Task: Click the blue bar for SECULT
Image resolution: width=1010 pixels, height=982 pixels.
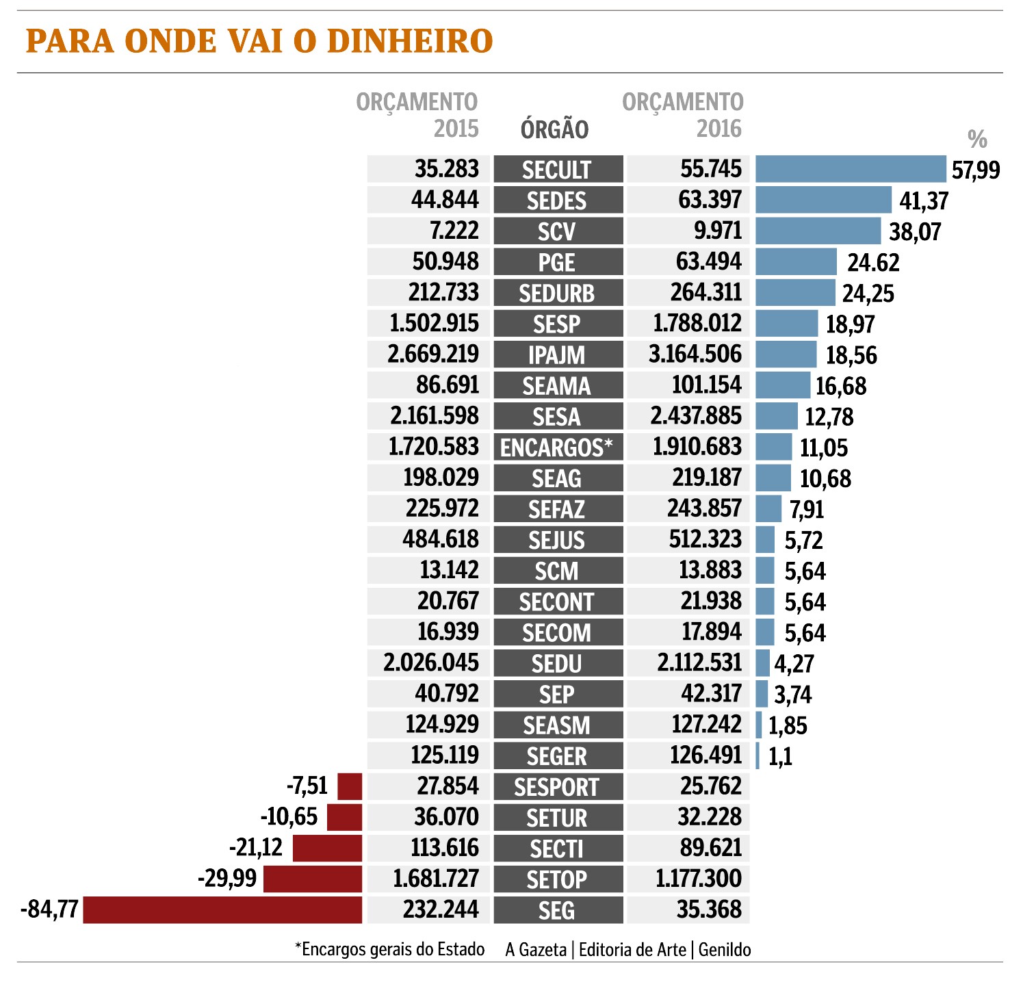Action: click(x=851, y=169)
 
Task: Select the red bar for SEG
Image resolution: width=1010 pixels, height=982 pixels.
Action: click(x=222, y=910)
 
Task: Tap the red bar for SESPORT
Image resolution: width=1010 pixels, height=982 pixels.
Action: click(x=350, y=786)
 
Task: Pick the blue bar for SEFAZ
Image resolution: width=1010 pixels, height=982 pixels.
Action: click(x=768, y=508)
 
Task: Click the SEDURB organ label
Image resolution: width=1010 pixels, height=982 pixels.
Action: click(x=557, y=293)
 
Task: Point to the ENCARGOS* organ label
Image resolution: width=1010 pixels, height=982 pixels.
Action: click(x=557, y=448)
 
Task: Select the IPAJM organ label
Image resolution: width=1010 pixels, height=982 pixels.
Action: click(x=557, y=355)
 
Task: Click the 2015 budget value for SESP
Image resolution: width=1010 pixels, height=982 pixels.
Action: click(x=432, y=323)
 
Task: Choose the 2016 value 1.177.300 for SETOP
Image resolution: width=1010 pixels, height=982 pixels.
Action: click(x=698, y=879)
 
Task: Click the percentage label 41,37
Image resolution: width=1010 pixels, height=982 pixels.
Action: click(x=922, y=201)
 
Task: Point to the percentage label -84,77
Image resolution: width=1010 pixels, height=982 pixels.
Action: click(x=49, y=911)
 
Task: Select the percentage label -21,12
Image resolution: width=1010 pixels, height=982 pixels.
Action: click(x=255, y=848)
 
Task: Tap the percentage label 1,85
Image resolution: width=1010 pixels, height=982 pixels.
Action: click(x=788, y=725)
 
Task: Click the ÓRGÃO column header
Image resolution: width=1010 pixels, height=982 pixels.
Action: click(x=554, y=129)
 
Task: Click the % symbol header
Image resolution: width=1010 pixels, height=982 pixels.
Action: click(x=977, y=140)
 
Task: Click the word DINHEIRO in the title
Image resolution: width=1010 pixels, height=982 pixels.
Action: click(x=410, y=41)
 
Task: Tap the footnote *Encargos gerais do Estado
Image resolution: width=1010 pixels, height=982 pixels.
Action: click(x=389, y=950)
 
